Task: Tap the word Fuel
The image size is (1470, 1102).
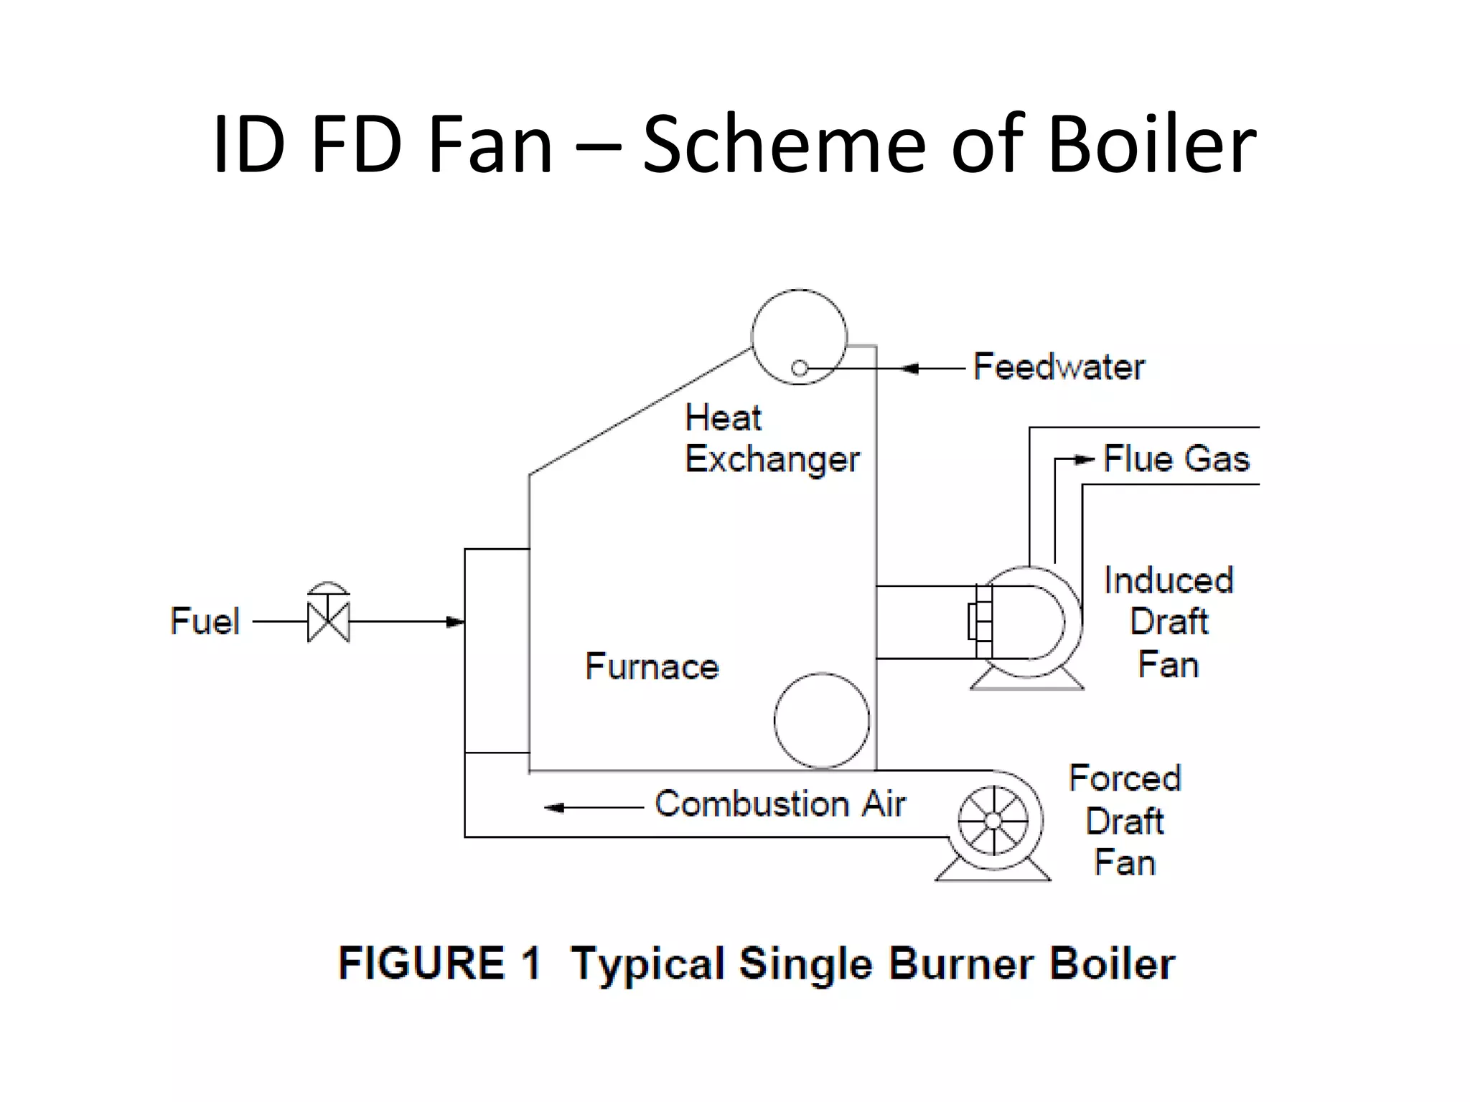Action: click(x=205, y=621)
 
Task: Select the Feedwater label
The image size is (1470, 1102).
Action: click(x=1059, y=367)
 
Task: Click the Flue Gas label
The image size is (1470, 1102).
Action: click(x=1176, y=459)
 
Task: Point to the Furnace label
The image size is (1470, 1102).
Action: click(x=652, y=667)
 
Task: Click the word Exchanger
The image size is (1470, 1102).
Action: click(x=772, y=459)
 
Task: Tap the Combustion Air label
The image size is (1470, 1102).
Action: click(x=780, y=804)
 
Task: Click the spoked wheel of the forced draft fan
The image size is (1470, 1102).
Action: click(x=993, y=820)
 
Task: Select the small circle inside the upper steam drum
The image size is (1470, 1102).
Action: click(x=800, y=368)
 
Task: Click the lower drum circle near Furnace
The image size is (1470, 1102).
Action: click(x=822, y=720)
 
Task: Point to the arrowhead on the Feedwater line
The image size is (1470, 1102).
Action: click(x=910, y=369)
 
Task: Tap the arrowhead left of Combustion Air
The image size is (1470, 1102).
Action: click(x=554, y=808)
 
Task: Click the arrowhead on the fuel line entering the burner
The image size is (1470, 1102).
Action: click(x=455, y=621)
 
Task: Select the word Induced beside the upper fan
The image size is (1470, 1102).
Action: click(x=1169, y=580)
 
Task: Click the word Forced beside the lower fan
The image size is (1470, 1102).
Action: click(x=1125, y=778)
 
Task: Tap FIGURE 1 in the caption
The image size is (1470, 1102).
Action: click(x=439, y=963)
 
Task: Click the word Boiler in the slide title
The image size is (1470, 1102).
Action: click(x=1152, y=145)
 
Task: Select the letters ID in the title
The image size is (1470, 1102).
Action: click(x=248, y=145)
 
